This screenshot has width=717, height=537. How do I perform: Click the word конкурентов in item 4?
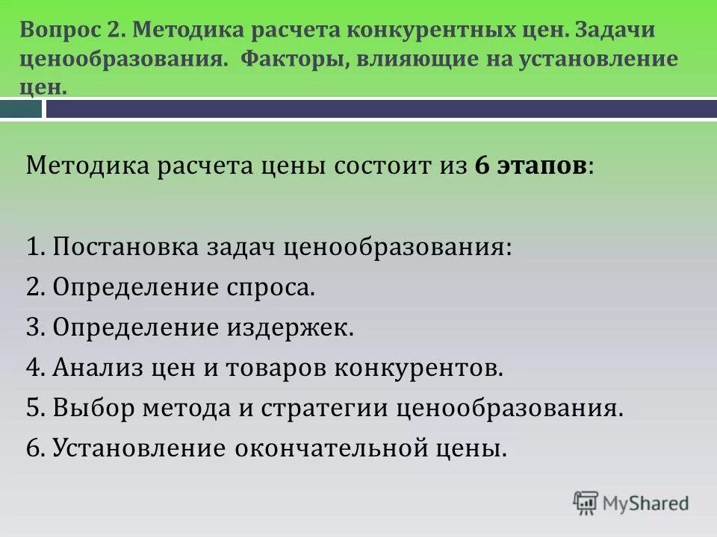(421, 368)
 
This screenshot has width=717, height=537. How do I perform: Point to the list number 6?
(34, 448)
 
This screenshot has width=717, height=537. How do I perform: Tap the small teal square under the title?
(21, 110)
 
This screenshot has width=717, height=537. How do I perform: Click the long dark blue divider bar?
(381, 110)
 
